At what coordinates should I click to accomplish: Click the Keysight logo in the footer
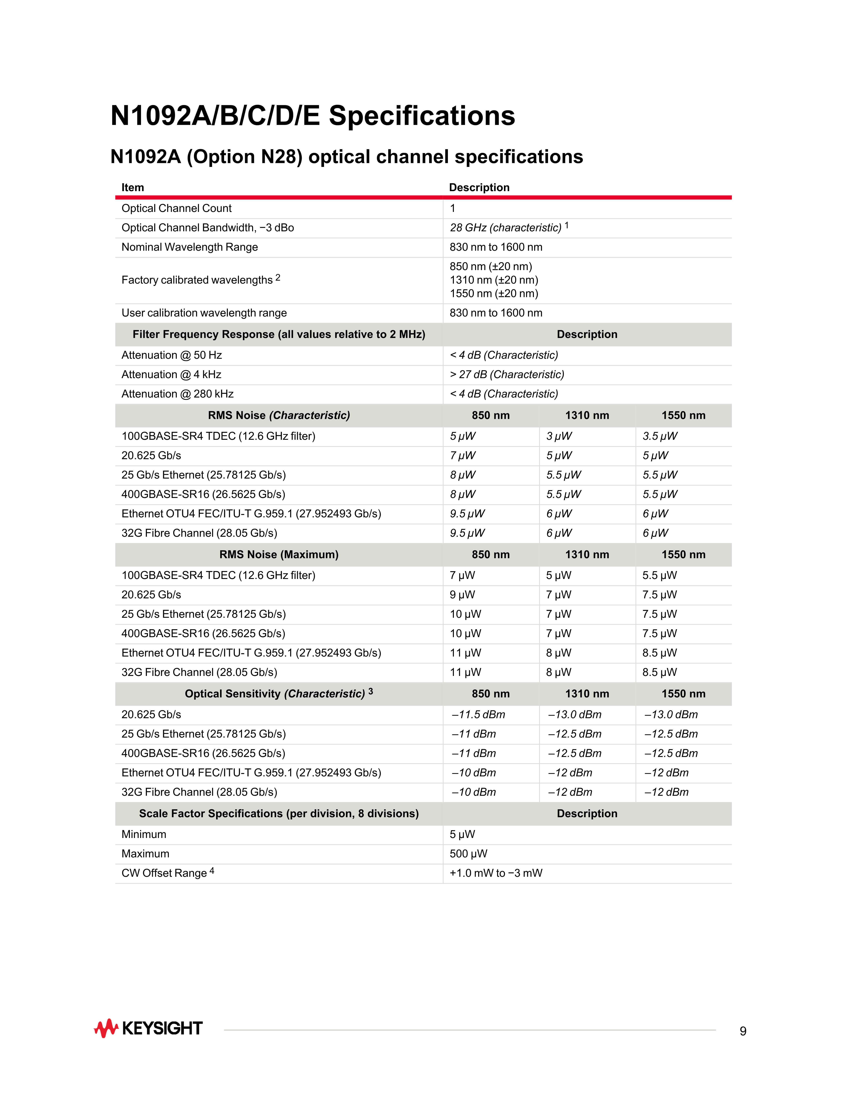[x=149, y=1028]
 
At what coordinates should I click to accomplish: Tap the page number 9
[x=743, y=1031]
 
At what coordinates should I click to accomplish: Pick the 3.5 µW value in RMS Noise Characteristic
[x=660, y=436]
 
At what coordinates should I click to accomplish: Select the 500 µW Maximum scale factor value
[x=468, y=854]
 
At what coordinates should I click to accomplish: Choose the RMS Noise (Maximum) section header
[x=279, y=555]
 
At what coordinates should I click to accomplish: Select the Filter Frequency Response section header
[x=279, y=335]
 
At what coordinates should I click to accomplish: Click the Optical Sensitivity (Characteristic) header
[x=275, y=694]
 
